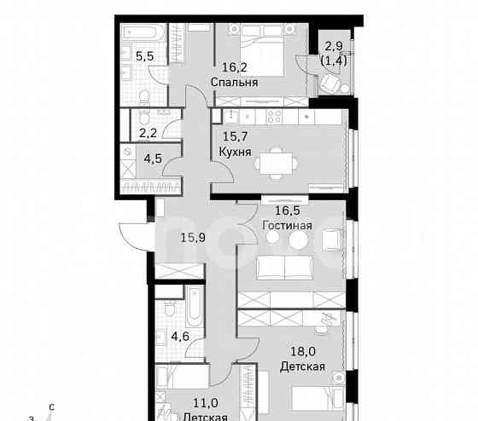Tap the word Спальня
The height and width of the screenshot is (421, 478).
click(x=235, y=83)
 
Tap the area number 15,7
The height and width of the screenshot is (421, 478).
click(x=233, y=136)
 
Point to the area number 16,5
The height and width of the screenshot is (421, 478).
click(x=287, y=210)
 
